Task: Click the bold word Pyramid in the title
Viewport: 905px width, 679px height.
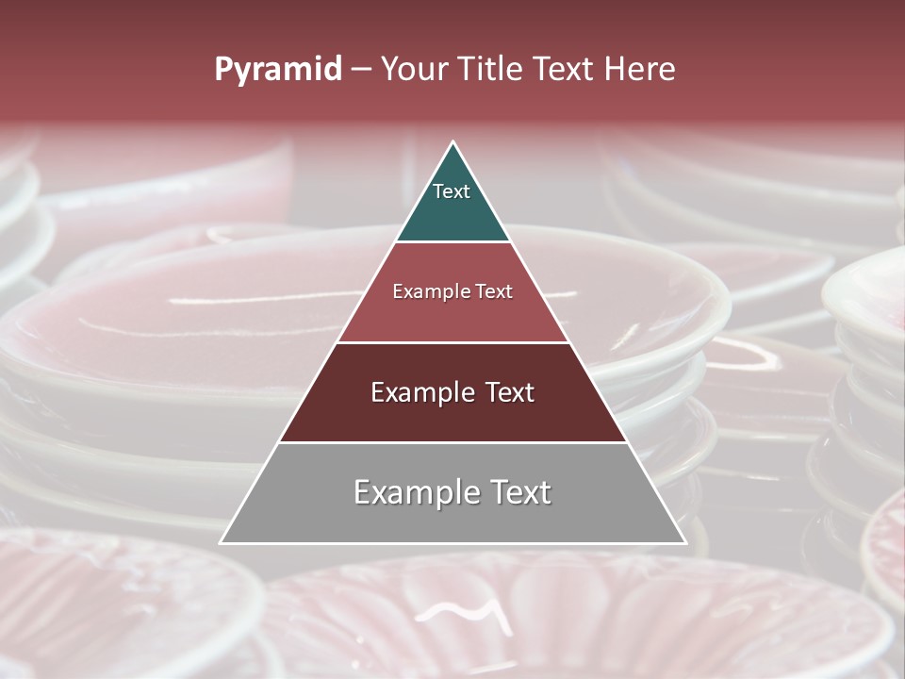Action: [277, 70]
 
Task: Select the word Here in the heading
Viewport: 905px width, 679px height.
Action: [640, 70]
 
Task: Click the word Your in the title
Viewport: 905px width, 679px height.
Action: [415, 70]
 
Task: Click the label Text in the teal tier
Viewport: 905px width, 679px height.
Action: [452, 191]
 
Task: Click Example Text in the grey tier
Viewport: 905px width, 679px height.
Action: [452, 492]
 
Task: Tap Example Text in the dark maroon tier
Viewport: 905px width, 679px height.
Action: [452, 392]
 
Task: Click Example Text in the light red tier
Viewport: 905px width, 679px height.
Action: [452, 291]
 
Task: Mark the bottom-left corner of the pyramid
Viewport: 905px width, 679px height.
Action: [222, 542]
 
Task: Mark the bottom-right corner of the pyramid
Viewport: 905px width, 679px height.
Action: [685, 542]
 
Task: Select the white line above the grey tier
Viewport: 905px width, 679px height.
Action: [452, 442]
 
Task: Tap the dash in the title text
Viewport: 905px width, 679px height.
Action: [361, 70]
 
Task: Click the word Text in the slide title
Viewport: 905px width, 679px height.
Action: [564, 70]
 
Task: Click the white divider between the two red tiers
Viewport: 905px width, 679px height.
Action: [452, 342]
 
